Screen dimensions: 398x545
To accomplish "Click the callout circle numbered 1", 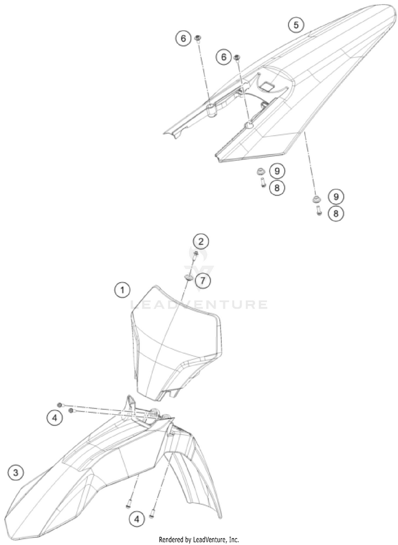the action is pyautogui.click(x=123, y=290).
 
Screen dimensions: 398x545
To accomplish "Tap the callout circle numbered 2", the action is pyautogui.click(x=201, y=242).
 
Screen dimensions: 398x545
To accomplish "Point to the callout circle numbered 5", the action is pyautogui.click(x=296, y=24).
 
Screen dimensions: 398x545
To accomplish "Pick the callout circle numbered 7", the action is pyautogui.click(x=202, y=279).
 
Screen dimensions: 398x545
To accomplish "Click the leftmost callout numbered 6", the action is pyautogui.click(x=183, y=39).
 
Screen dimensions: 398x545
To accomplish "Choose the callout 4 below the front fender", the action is pyautogui.click(x=137, y=518).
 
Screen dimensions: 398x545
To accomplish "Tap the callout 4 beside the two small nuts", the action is pyautogui.click(x=55, y=418).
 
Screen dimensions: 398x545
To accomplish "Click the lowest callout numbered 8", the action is pyautogui.click(x=335, y=214).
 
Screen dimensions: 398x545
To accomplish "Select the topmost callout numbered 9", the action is pyautogui.click(x=276, y=171).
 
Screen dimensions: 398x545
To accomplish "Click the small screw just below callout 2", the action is pyautogui.click(x=195, y=255).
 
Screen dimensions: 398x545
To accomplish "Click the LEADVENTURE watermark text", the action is pyautogui.click(x=200, y=305).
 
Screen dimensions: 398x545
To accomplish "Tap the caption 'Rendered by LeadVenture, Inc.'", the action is pyautogui.click(x=199, y=539).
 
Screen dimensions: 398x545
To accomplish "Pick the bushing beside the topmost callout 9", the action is pyautogui.click(x=261, y=171).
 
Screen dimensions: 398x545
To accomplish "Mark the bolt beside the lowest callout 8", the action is pyautogui.click(x=317, y=211).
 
